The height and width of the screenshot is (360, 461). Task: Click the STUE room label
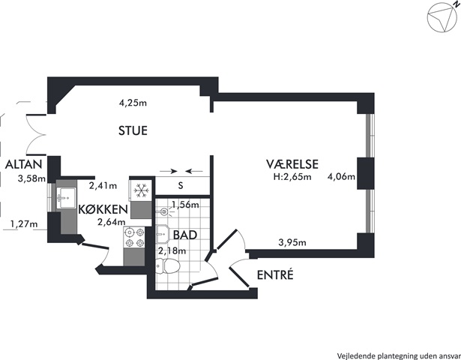tap(133, 130)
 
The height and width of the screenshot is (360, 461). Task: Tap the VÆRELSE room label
tap(292, 164)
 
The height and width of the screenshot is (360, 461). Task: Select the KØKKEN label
tap(103, 209)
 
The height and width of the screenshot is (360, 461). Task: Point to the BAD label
tap(185, 235)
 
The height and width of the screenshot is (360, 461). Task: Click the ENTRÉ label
tap(275, 274)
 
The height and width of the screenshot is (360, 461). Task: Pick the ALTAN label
tap(24, 164)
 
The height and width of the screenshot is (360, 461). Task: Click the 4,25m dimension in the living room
tap(133, 103)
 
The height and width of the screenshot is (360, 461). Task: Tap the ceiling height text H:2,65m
tap(292, 177)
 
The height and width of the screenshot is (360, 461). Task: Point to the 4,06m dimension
tap(341, 177)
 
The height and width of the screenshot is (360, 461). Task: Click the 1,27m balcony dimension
tap(24, 224)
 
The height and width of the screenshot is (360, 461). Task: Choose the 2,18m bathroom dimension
tap(172, 251)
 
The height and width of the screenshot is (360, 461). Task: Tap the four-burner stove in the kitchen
tap(135, 238)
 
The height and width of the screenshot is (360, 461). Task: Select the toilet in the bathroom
tap(168, 266)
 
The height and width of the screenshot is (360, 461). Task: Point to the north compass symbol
tap(442, 17)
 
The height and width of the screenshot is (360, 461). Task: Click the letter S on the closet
tap(181, 185)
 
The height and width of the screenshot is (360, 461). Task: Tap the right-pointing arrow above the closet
tap(169, 171)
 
